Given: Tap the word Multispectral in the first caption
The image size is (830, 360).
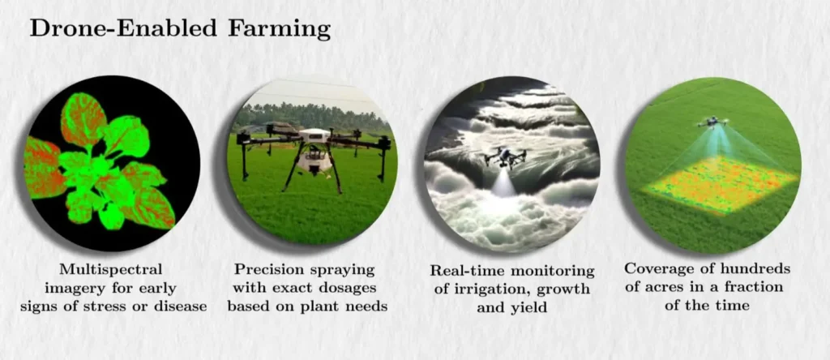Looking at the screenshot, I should pyautogui.click(x=111, y=268).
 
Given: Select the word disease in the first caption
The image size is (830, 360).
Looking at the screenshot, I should pyautogui.click(x=182, y=306).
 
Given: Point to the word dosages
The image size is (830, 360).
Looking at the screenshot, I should pyautogui.click(x=349, y=288).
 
